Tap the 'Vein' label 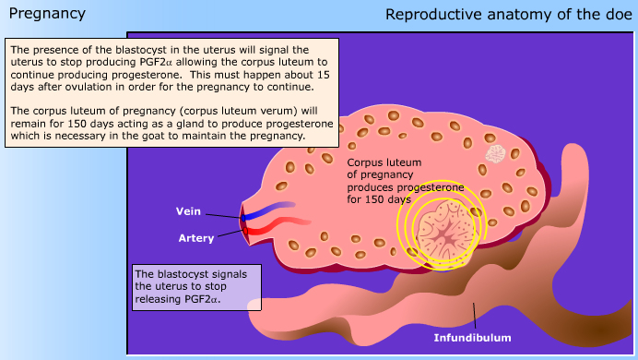coord(188,210)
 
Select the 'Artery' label coord(195,238)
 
